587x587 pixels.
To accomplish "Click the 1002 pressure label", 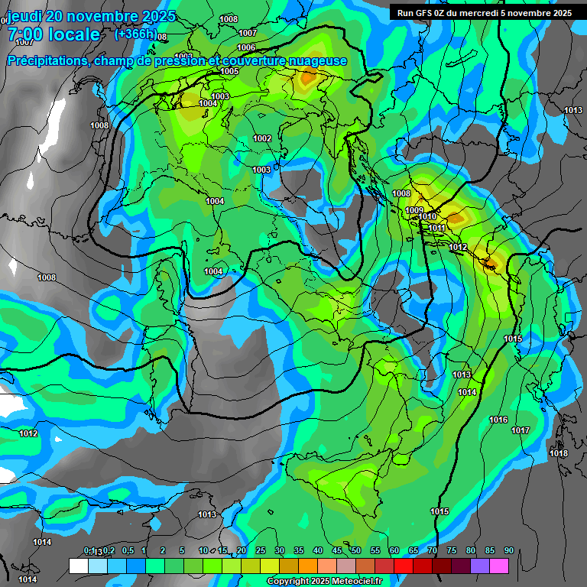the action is pos(262,138).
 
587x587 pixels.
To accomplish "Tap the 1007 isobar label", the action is pos(248,33).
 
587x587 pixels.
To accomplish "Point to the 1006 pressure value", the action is pos(247,47).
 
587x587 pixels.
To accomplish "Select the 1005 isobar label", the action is pos(229,71).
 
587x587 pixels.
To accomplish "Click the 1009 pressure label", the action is pos(414,210).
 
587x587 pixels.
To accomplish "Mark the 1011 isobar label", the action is pos(436,228).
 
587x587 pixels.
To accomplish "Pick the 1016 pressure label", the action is pos(498,420).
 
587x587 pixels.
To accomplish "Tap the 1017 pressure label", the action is pos(521,430).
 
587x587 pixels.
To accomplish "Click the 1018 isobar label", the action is pos(559,453).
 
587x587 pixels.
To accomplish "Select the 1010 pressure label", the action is pos(427,217).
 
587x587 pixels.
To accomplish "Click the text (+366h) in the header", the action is pos(136,34).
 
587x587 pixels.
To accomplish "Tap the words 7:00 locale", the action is pos(54,34).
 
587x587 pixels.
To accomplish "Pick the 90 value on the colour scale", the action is pos(508,550).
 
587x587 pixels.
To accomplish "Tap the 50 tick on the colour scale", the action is pos(356,550).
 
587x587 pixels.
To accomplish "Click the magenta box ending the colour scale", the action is pos(499,566).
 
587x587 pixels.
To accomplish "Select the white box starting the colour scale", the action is pos(78,566).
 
